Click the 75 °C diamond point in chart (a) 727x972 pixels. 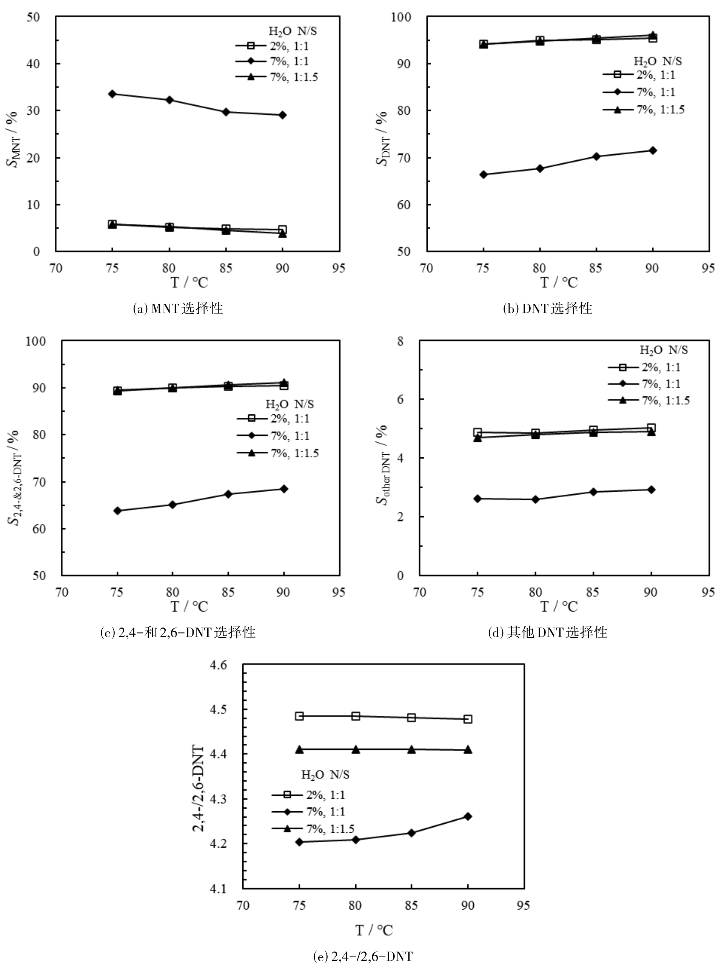tap(112, 94)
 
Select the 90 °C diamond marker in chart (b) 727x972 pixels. tap(653, 150)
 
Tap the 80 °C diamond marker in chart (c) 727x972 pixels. tap(173, 504)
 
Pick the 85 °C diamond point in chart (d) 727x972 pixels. tap(593, 492)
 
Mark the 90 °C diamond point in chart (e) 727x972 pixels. tap(468, 816)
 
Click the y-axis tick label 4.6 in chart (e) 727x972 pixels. tap(219, 665)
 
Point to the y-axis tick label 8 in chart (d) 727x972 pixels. tap(400, 341)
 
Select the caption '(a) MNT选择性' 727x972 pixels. tap(178, 309)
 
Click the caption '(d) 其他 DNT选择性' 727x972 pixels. tap(548, 632)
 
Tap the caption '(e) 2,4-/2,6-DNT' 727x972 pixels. tap(363, 956)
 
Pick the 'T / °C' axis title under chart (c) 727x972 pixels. tap(189, 606)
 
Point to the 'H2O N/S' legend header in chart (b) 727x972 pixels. tap(658, 61)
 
